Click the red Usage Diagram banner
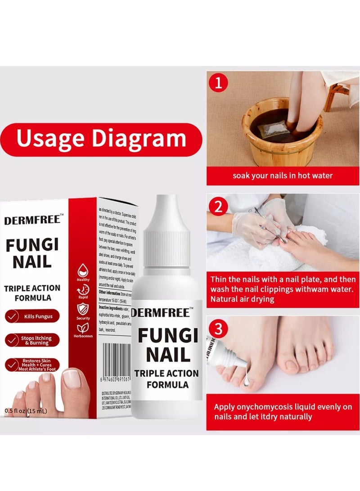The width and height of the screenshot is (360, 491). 101,139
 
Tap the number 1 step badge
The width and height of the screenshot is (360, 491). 219,84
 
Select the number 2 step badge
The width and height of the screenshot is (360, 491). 219,207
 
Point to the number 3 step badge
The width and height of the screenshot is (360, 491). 219,329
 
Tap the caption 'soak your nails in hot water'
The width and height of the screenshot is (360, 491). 283,175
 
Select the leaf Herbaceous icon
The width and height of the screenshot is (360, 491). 83,329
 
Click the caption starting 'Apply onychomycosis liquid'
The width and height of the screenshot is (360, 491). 283,411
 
